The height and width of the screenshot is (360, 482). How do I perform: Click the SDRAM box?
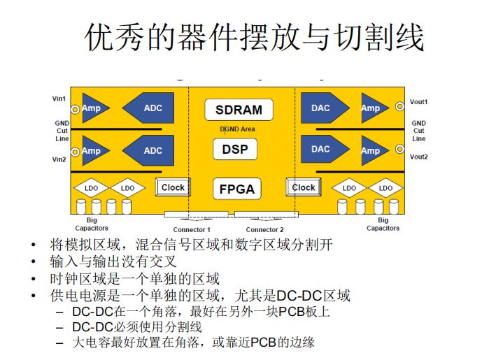239,110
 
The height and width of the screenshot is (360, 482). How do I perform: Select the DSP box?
234,149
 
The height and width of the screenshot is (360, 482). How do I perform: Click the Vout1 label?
418,102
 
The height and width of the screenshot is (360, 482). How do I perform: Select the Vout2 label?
418,157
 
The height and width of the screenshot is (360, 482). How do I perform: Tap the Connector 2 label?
264,230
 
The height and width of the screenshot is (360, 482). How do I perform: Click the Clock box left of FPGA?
173,187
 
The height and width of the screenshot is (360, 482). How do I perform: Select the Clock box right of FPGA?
304,187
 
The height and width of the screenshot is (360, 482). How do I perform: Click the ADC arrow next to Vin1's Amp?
149,108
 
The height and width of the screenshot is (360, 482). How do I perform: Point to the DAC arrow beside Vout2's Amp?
325,150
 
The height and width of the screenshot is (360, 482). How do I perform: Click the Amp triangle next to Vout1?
374,108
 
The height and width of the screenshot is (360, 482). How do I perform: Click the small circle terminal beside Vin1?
74,109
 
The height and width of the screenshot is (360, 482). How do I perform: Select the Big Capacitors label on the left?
92,224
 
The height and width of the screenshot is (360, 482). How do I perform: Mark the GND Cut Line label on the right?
418,131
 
